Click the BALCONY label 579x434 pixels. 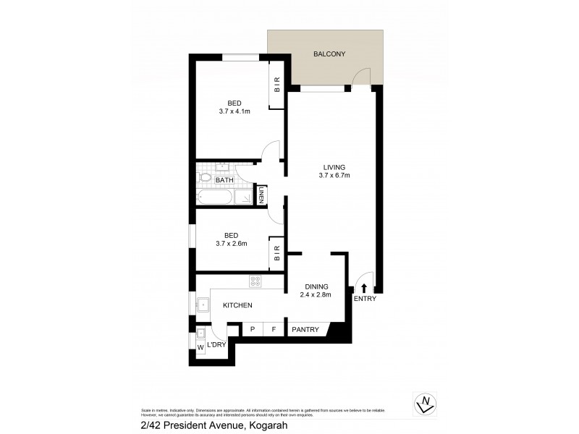[x=329, y=54]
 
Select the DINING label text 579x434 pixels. [x=316, y=286]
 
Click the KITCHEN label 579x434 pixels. [x=237, y=306]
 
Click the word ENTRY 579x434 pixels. [x=364, y=299]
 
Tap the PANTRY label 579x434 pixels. [x=305, y=330]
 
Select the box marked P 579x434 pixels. [x=253, y=330]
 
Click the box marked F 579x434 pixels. [x=274, y=330]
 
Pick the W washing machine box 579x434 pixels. [x=201, y=349]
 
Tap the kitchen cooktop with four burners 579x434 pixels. [x=256, y=281]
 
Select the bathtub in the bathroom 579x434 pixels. [x=215, y=197]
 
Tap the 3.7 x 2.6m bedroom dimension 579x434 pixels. [x=231, y=244]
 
